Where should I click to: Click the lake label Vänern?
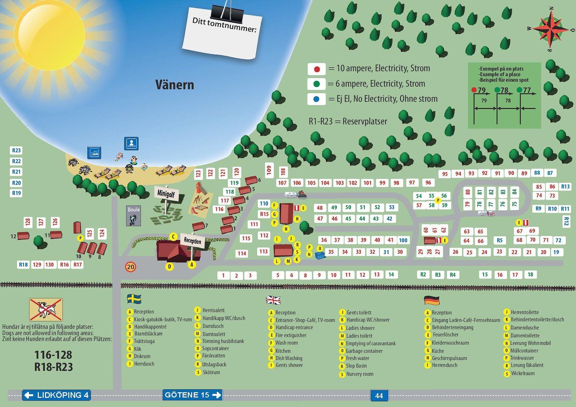pos(175,84)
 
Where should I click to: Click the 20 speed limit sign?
pos(131,267)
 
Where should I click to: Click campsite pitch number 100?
pos(403,240)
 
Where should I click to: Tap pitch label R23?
pos(17,150)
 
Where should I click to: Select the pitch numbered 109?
pos(269,170)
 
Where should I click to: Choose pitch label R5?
pos(499,240)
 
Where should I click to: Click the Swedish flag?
pos(134,299)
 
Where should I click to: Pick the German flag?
pos(432,300)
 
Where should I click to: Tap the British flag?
pos(273,300)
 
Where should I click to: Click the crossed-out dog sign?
pos(46,309)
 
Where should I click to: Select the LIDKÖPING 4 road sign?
pos(57,395)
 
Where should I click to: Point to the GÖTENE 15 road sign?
pos(192,395)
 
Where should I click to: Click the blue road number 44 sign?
pos(379,395)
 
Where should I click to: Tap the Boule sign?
pos(133,216)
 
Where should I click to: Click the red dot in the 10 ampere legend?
pos(317,69)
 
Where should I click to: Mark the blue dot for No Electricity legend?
pos(317,99)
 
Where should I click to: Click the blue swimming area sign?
pos(132,144)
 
